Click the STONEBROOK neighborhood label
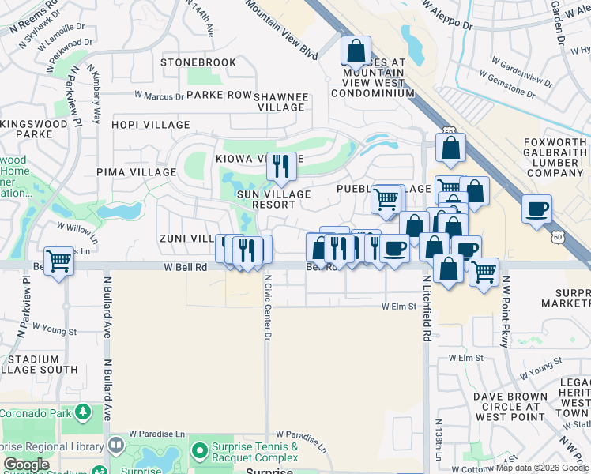coord(198,62)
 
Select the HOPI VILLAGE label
coord(151,125)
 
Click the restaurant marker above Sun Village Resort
coord(281,167)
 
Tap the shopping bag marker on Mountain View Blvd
coord(356,51)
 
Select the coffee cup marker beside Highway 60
coord(536,209)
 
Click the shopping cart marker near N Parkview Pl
coord(59,261)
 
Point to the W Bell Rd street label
coord(186,268)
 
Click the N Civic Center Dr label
coord(268,308)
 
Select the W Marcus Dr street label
coord(159,96)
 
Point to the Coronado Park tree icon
coord(83,412)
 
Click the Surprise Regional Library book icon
coord(116,446)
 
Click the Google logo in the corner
coord(27,465)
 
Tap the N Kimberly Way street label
coord(95,95)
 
